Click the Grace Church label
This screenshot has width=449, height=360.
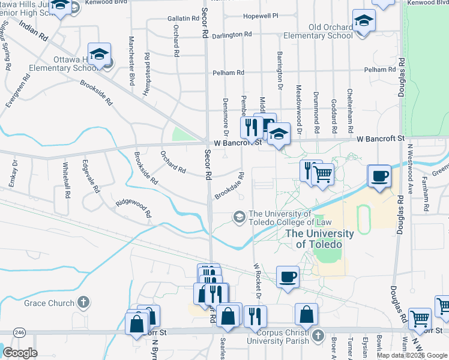[48, 303]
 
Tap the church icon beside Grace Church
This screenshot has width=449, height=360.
[83, 302]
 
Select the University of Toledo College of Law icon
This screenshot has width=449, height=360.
[240, 217]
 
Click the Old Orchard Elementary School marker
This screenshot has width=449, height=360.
[364, 22]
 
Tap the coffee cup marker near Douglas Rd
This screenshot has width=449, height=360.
[379, 177]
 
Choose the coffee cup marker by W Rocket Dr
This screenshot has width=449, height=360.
[288, 278]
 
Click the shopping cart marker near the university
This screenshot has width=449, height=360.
[323, 175]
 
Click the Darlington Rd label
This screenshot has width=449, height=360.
[232, 35]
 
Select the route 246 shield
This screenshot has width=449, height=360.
[20, 332]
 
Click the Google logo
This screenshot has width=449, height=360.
[20, 353]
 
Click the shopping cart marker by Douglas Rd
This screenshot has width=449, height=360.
[419, 319]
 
